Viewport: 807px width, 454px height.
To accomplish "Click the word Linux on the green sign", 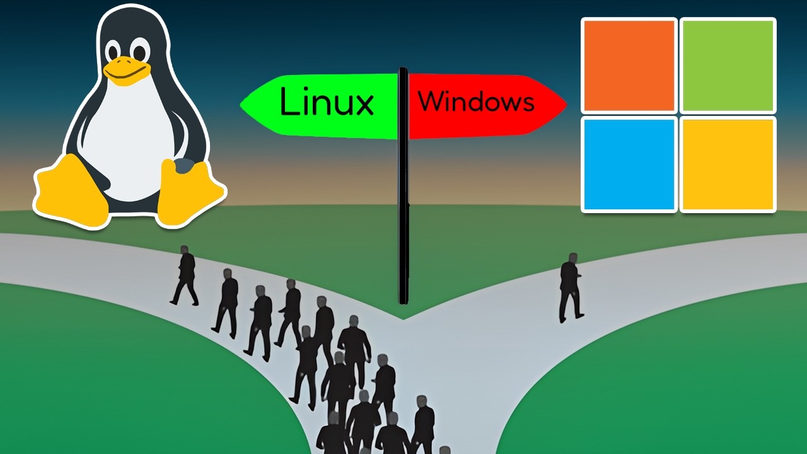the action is (327, 103).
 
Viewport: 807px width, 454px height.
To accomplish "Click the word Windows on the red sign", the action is (476, 102).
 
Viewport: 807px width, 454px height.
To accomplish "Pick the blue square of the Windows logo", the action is (629, 164).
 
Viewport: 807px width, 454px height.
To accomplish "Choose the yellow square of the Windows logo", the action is (728, 164).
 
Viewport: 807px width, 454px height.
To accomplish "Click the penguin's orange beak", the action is (125, 70).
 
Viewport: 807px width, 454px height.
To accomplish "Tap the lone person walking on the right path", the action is (570, 288).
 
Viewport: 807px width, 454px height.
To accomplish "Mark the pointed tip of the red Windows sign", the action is (565, 104).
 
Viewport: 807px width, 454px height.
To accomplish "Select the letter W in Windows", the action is (430, 102).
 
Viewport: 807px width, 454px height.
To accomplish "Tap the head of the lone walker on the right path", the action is (572, 258).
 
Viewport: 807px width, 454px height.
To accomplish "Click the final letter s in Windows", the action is (528, 104).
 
